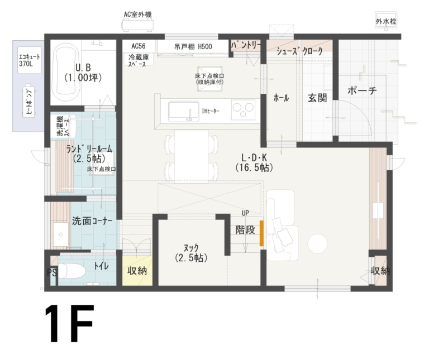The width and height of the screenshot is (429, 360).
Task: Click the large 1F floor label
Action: point(69,324)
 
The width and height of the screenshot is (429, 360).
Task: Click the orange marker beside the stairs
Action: point(261,233)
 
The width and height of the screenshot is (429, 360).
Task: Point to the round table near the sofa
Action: point(317,243)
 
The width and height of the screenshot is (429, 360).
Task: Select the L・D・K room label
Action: point(254,162)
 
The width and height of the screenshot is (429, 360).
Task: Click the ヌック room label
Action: point(190,252)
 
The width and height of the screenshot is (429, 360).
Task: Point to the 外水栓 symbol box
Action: point(386,21)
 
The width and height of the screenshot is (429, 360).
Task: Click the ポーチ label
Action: point(361,91)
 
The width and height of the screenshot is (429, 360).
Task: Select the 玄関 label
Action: point(317,98)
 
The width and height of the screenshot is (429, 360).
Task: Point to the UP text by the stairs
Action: point(245,213)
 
